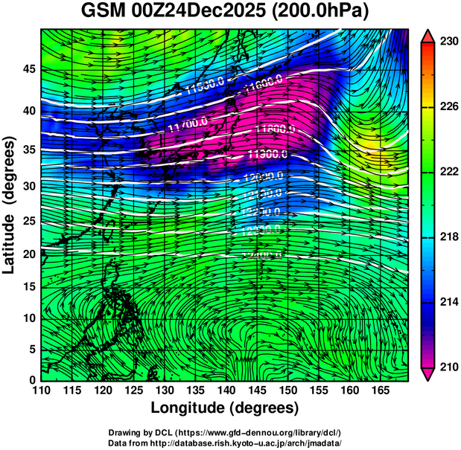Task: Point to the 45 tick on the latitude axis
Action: coord(28,70)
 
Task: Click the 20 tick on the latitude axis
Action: coord(28,254)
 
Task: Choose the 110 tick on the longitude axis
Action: coord(41,390)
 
